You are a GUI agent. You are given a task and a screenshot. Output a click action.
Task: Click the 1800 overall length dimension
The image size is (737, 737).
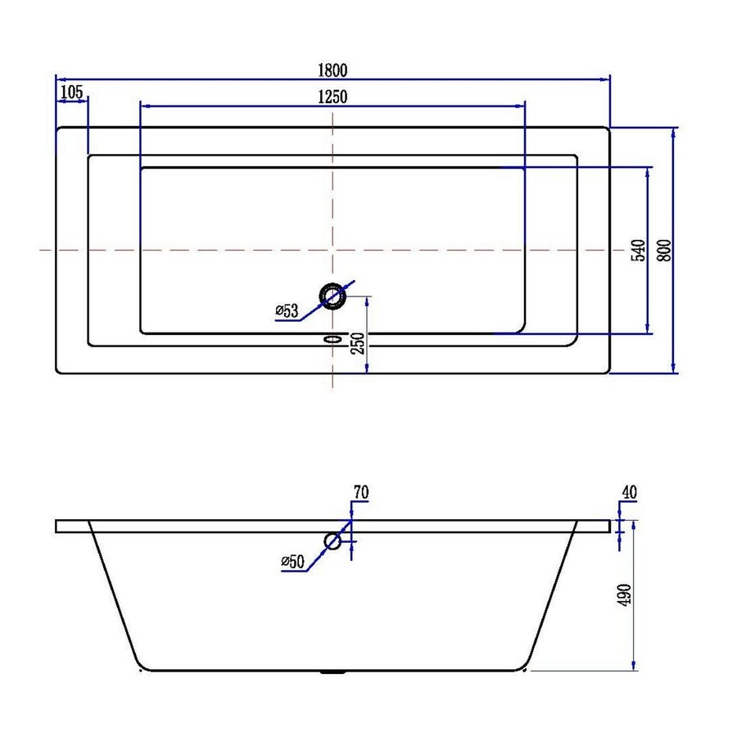[x=332, y=69]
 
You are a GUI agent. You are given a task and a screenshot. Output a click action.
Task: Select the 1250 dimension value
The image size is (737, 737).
[x=332, y=96]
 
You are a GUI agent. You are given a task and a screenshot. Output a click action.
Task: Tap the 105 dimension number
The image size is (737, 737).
[x=72, y=91]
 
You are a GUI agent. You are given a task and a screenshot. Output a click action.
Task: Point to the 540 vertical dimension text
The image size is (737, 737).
[x=639, y=250]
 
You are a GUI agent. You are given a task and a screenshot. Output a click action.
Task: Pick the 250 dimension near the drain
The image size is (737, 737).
[x=355, y=344]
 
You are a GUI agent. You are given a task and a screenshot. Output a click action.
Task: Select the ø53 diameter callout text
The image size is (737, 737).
[x=287, y=310]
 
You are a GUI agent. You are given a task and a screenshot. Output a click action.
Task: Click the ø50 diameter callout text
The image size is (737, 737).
[x=292, y=561]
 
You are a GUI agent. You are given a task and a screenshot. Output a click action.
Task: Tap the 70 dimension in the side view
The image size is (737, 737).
[x=360, y=493]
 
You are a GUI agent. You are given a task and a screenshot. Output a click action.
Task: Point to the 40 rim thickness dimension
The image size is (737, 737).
[x=629, y=492]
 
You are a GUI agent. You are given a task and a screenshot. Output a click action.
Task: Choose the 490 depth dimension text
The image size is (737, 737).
[x=624, y=597]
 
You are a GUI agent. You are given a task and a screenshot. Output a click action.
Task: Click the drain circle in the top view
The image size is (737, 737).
[x=332, y=296]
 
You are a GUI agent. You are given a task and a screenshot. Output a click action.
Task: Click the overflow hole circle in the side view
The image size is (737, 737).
[x=332, y=540]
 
